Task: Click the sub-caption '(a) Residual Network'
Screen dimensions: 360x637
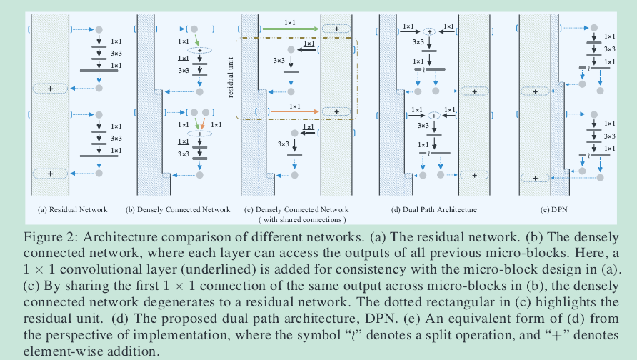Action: pyautogui.click(x=73, y=209)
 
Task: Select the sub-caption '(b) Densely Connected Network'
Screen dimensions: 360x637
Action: pyautogui.click(x=178, y=209)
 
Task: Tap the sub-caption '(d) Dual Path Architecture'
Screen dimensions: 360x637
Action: pyautogui.click(x=433, y=209)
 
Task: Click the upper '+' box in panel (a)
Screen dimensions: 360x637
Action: pyautogui.click(x=50, y=89)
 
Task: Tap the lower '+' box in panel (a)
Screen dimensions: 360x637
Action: pyautogui.click(x=50, y=174)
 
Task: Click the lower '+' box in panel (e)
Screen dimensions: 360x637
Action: pyautogui.click(x=533, y=178)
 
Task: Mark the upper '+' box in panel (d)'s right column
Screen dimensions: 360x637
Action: pyautogui.click(x=473, y=91)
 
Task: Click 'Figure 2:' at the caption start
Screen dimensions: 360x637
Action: pyautogui.click(x=47, y=236)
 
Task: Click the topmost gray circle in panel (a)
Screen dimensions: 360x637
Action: pyautogui.click(x=100, y=30)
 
